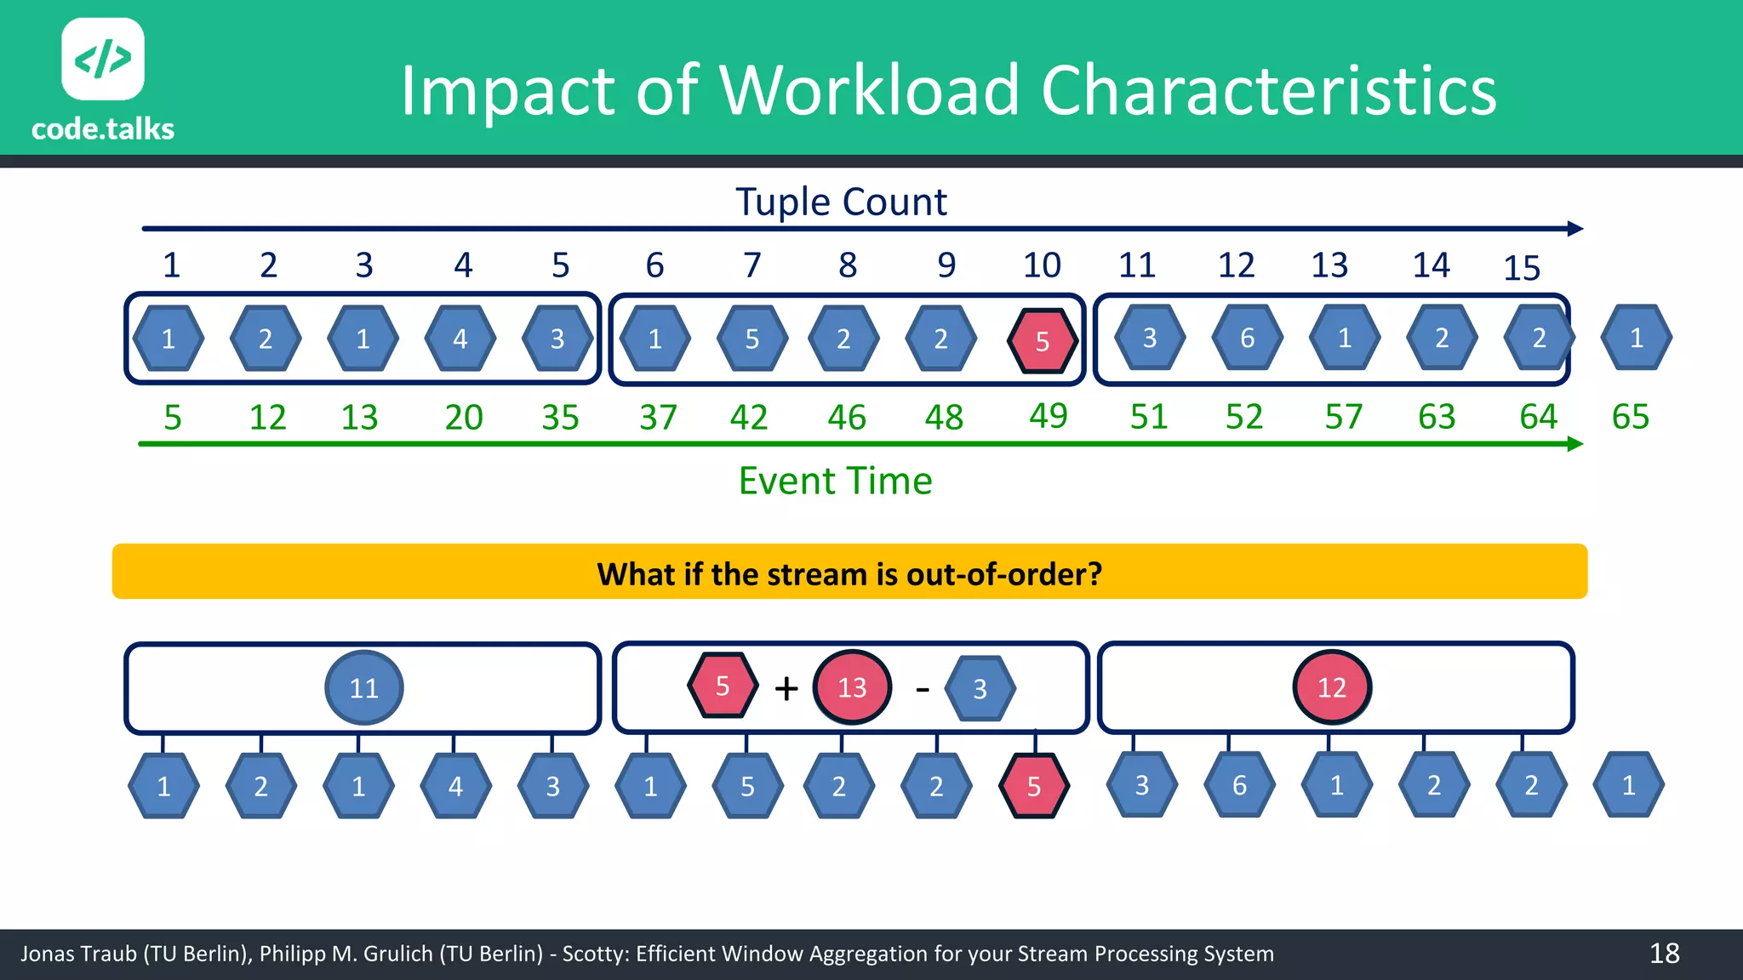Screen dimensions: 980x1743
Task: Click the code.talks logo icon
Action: pos(103,59)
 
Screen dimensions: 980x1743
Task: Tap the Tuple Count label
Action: pos(841,202)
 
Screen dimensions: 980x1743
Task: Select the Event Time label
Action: pos(835,481)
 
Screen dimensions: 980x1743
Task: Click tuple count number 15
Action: pos(1522,269)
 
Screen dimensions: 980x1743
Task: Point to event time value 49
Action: pos(1048,416)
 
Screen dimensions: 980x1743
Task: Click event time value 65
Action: pos(1630,417)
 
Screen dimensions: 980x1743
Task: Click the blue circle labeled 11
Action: pos(364,687)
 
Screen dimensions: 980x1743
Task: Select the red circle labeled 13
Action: pos(852,687)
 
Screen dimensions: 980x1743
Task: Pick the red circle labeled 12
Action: pos(1332,687)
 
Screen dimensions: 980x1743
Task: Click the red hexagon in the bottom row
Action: pos(1034,786)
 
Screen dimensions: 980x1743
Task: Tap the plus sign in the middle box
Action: pos(786,688)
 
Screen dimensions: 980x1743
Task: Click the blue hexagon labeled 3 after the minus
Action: pos(980,688)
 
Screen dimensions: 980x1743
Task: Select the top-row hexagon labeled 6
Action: pos(1247,339)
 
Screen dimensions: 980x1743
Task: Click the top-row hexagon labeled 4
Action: pos(460,339)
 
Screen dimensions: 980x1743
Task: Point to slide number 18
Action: pos(1664,954)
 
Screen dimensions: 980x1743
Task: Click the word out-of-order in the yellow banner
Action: pos(1004,574)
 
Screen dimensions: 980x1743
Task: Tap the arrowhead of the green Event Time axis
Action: pos(1574,444)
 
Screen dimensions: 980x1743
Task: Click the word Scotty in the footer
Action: pos(595,954)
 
